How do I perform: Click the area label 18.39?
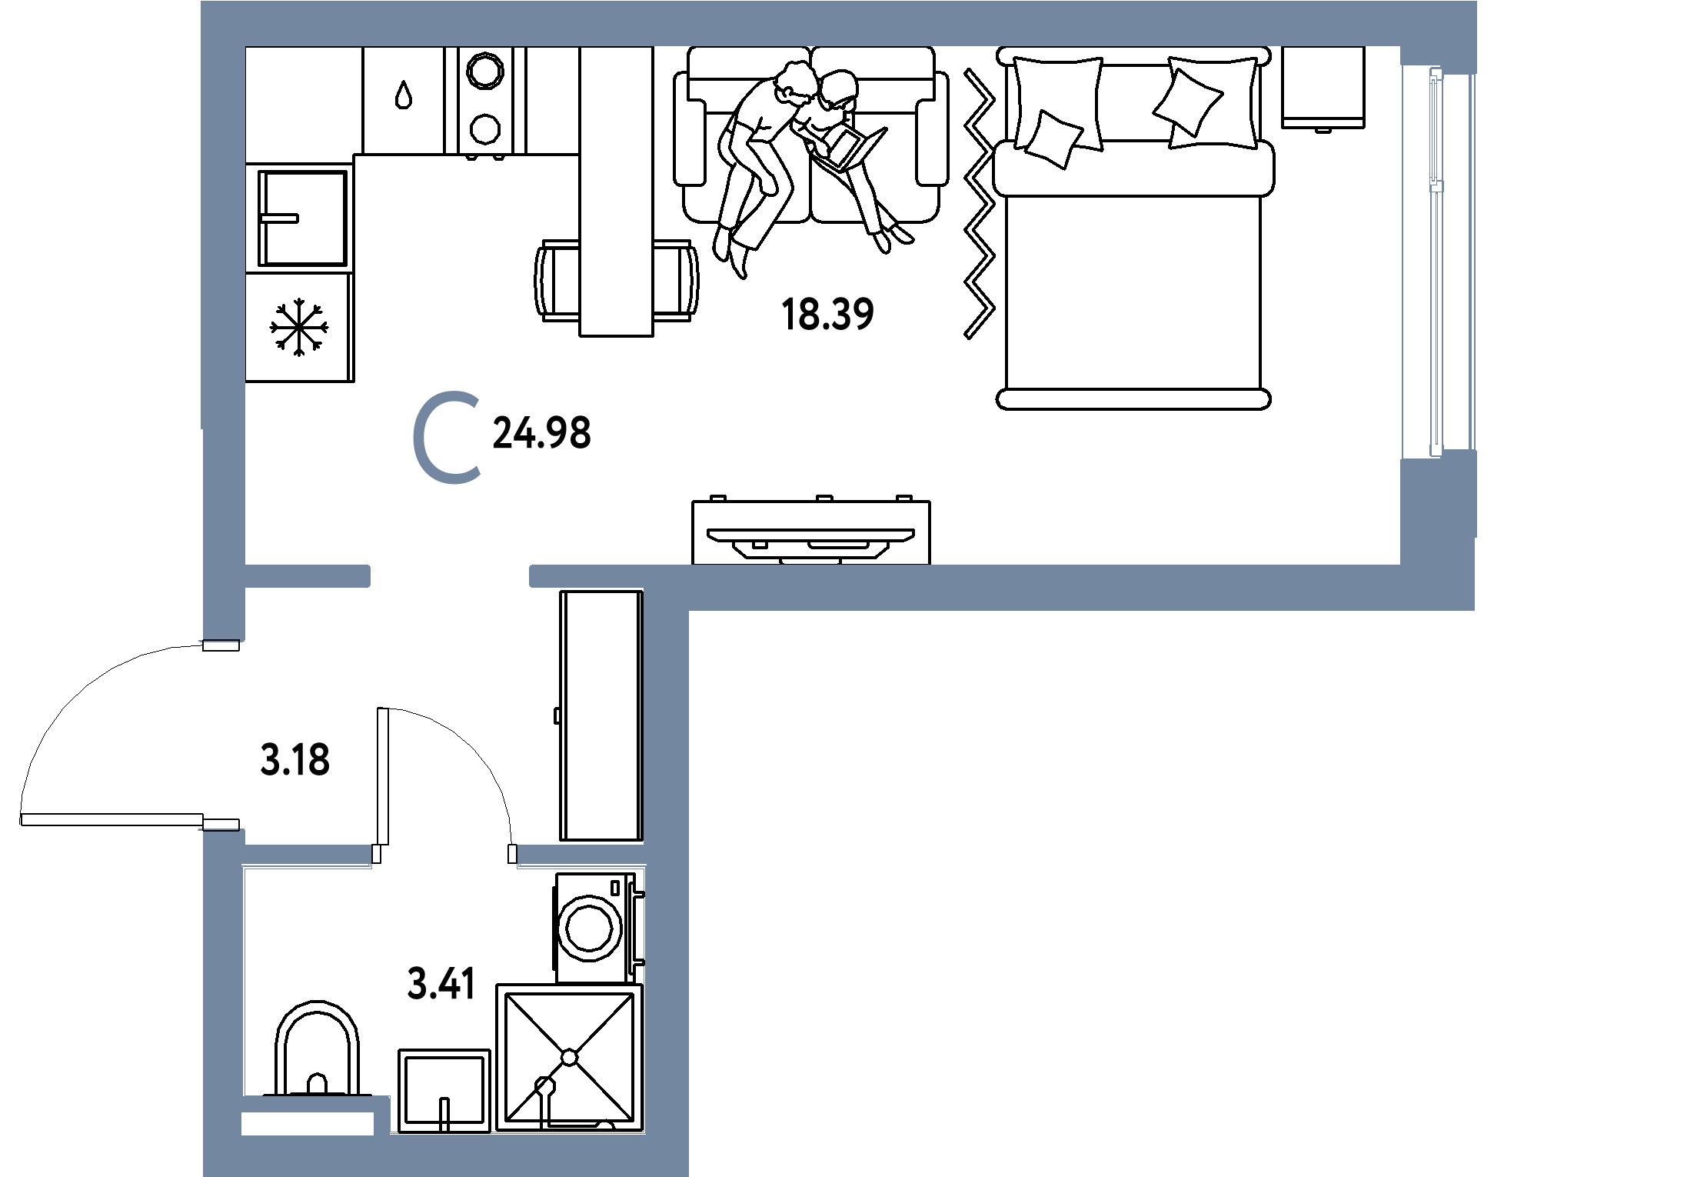click(827, 315)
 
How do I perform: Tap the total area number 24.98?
click(542, 432)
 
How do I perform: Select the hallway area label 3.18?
click(295, 760)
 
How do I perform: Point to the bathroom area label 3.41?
click(441, 983)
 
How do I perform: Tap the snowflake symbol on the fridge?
click(299, 328)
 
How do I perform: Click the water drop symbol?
click(404, 95)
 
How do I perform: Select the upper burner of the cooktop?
click(486, 71)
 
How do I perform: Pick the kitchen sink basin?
click(303, 218)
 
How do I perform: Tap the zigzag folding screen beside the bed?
click(980, 204)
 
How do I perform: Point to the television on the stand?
click(810, 535)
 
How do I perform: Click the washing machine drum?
click(590, 927)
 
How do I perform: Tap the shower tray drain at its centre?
click(569, 1058)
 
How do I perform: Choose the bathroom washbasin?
click(444, 1091)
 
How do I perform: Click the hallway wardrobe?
click(601, 715)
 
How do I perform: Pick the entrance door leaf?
click(111, 820)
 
